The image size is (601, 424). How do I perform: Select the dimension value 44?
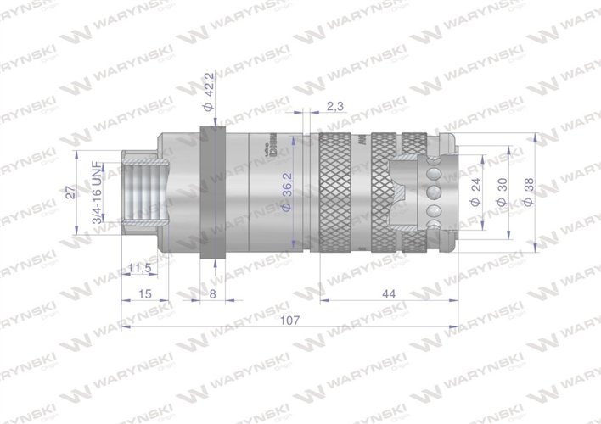tap(389, 294)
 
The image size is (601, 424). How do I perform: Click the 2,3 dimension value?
tap(334, 106)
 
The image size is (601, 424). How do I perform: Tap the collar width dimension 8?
tap(211, 293)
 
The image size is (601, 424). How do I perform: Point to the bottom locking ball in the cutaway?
tap(433, 225)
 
